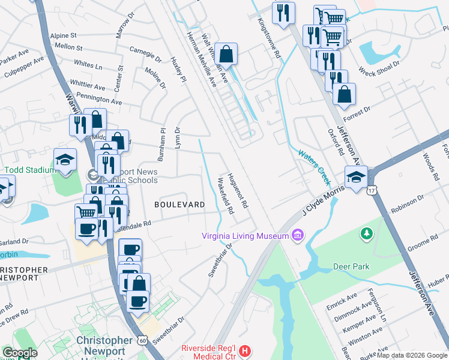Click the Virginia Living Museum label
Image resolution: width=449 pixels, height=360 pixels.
coord(246,236)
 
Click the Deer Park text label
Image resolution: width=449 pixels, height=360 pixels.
coord(351,266)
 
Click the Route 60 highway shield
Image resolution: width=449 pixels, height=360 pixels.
coord(142,340)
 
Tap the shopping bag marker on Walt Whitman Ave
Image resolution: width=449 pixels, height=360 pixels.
coord(226,54)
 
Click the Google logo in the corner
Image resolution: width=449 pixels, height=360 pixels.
coord(20,353)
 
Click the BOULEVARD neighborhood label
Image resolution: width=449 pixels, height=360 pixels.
coord(179,205)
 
